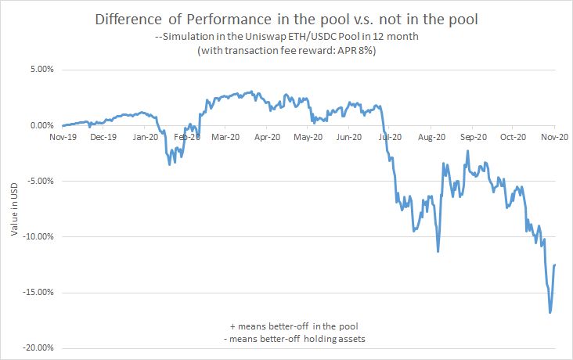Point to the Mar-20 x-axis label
225,136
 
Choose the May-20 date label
308,136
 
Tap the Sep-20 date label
474,136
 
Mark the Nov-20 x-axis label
554,136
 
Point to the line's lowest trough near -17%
550,313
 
